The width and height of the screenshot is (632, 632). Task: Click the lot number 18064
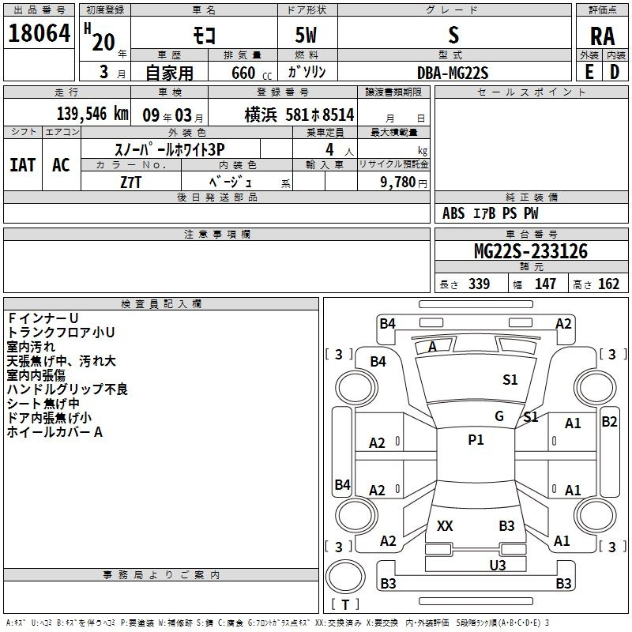coord(39,33)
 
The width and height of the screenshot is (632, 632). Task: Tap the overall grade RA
coord(602,36)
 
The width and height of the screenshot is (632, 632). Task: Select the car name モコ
coord(205,36)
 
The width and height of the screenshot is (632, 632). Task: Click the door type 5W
coord(306,35)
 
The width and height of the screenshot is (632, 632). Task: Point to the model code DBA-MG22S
coord(453,73)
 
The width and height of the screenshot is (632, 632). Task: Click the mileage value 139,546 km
coord(92,114)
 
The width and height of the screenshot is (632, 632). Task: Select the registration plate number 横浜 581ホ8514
coord(299,115)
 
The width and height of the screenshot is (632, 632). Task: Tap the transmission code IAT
coord(23,165)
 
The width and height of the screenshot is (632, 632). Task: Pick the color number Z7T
coord(130,182)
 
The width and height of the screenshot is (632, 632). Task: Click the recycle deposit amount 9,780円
coord(403,182)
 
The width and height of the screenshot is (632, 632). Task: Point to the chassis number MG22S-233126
coord(531,251)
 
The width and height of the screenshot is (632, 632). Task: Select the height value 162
coord(608,284)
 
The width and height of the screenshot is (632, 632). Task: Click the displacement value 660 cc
coord(251,73)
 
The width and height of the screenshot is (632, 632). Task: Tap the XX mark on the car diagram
coord(445,525)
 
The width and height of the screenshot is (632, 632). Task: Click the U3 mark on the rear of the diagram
coord(498,565)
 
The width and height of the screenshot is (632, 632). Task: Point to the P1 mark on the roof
coord(476,440)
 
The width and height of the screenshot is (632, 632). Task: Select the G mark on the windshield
coord(499,416)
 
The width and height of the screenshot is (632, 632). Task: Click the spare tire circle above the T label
coord(345,577)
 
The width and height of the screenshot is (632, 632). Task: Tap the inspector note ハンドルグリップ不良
coord(67,389)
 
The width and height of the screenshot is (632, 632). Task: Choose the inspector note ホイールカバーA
coord(55,432)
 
